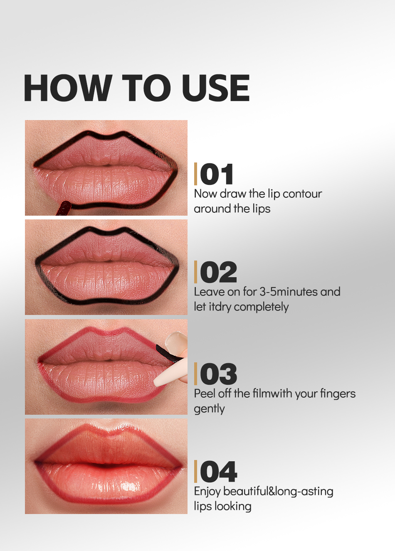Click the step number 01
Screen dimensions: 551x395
pos(217,175)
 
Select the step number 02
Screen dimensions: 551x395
pos(218,273)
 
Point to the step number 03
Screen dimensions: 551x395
pos(218,374)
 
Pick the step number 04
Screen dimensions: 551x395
pos(218,472)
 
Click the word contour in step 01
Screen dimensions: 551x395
pos(302,194)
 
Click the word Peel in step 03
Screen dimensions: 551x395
pos(204,394)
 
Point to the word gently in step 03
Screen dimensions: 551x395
pos(209,409)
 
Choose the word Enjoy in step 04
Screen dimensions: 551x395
pos(207,492)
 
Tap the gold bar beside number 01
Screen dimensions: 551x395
pos(195,174)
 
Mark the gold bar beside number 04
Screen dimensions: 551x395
pos(195,472)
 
